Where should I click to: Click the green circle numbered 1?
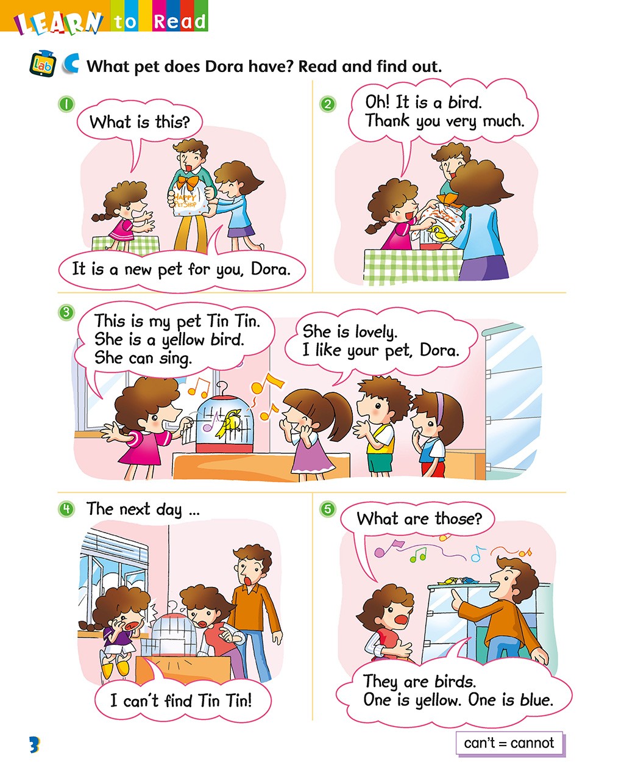(66, 104)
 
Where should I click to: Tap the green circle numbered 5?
(327, 509)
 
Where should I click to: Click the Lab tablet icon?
(43, 64)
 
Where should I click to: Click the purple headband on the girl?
(440, 406)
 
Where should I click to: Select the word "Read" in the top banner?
(180, 21)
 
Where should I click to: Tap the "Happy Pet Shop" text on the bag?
(185, 200)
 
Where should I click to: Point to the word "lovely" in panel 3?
(376, 332)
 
